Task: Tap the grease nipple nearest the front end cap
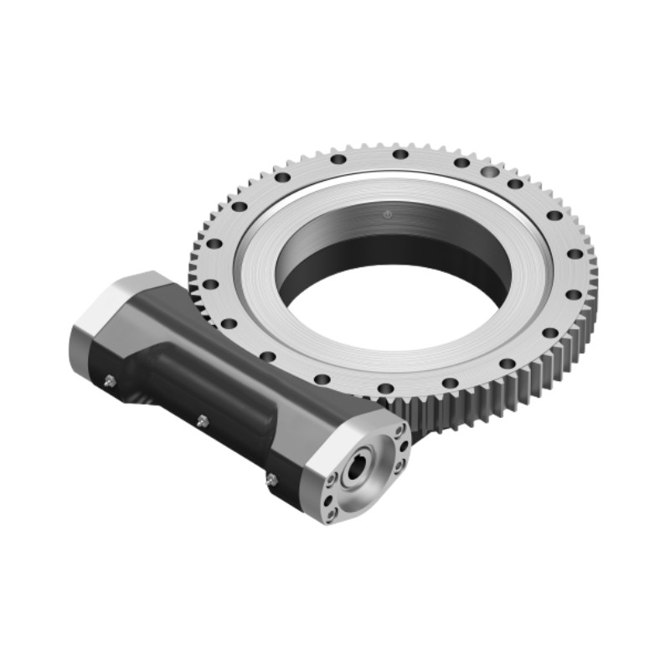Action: (271, 479)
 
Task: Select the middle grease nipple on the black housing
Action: (201, 420)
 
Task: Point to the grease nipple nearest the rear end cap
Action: (111, 380)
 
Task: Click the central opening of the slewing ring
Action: (394, 293)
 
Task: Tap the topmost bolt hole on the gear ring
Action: (400, 154)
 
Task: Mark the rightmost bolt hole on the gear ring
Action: (576, 253)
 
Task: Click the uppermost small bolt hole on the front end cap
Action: (400, 432)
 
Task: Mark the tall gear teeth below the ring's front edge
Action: (469, 410)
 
